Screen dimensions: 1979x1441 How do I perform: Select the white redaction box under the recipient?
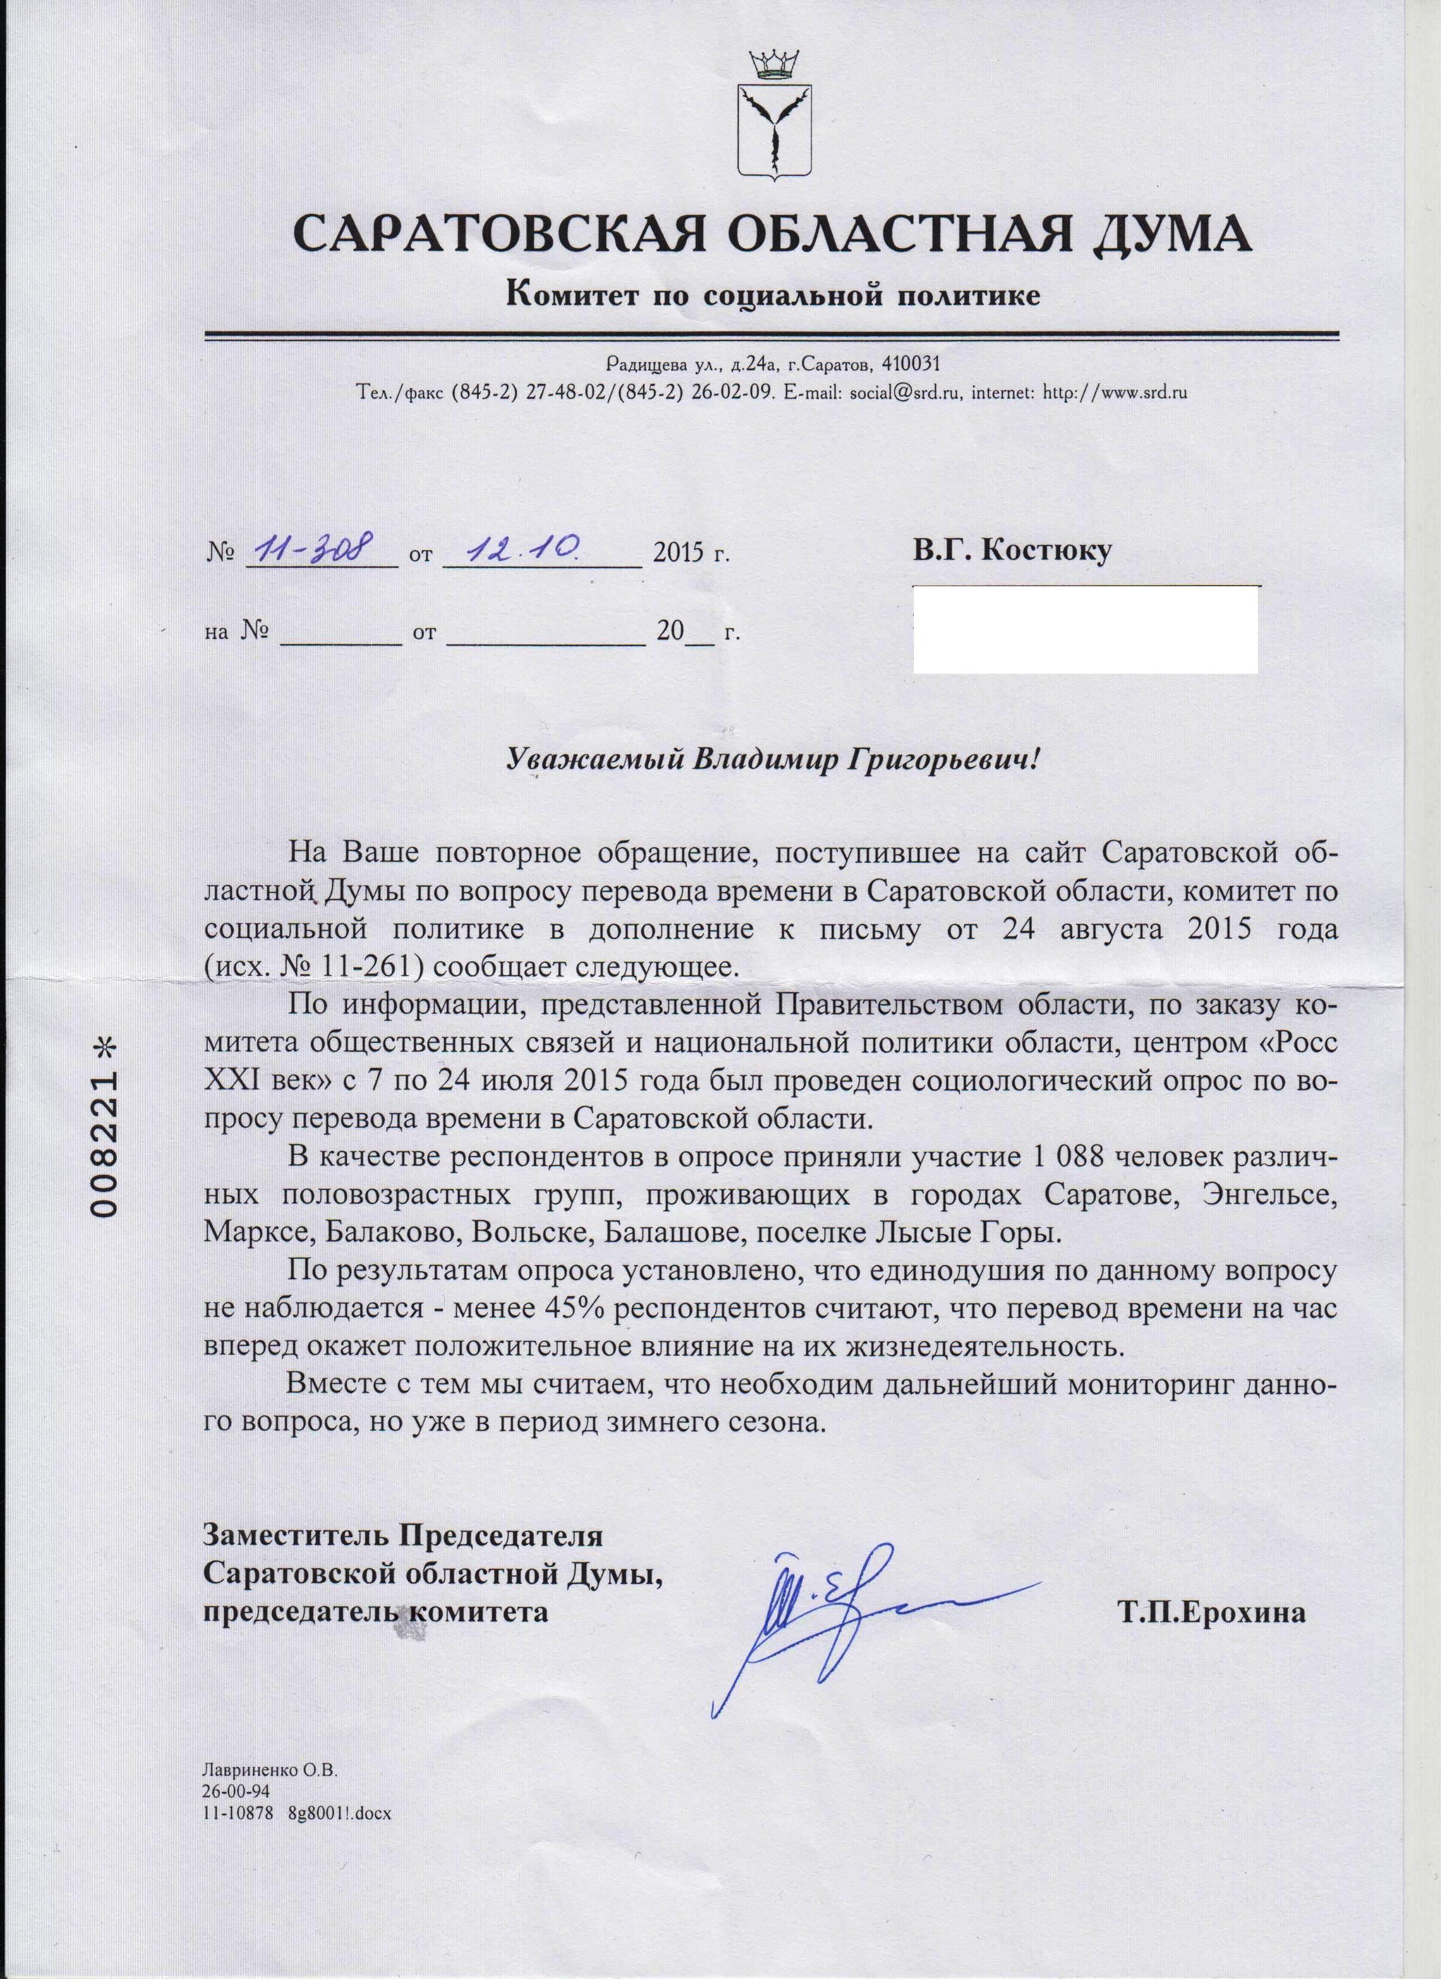(x=1085, y=629)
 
